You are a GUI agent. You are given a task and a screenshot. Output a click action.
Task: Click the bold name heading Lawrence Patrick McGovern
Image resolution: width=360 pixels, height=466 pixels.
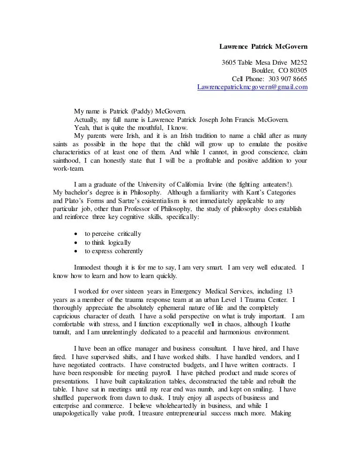[263, 47]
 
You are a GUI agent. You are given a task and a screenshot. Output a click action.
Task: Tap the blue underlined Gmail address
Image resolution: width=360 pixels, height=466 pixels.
[252, 87]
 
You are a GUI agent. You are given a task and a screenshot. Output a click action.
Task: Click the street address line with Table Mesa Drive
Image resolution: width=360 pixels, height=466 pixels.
[264, 62]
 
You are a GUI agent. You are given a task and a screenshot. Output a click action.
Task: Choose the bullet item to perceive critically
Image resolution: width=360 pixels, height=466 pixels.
[113, 233]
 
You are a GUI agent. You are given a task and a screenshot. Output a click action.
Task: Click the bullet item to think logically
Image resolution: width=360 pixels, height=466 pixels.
[108, 242]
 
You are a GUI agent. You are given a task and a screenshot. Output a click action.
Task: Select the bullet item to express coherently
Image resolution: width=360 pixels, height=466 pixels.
[114, 251]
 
